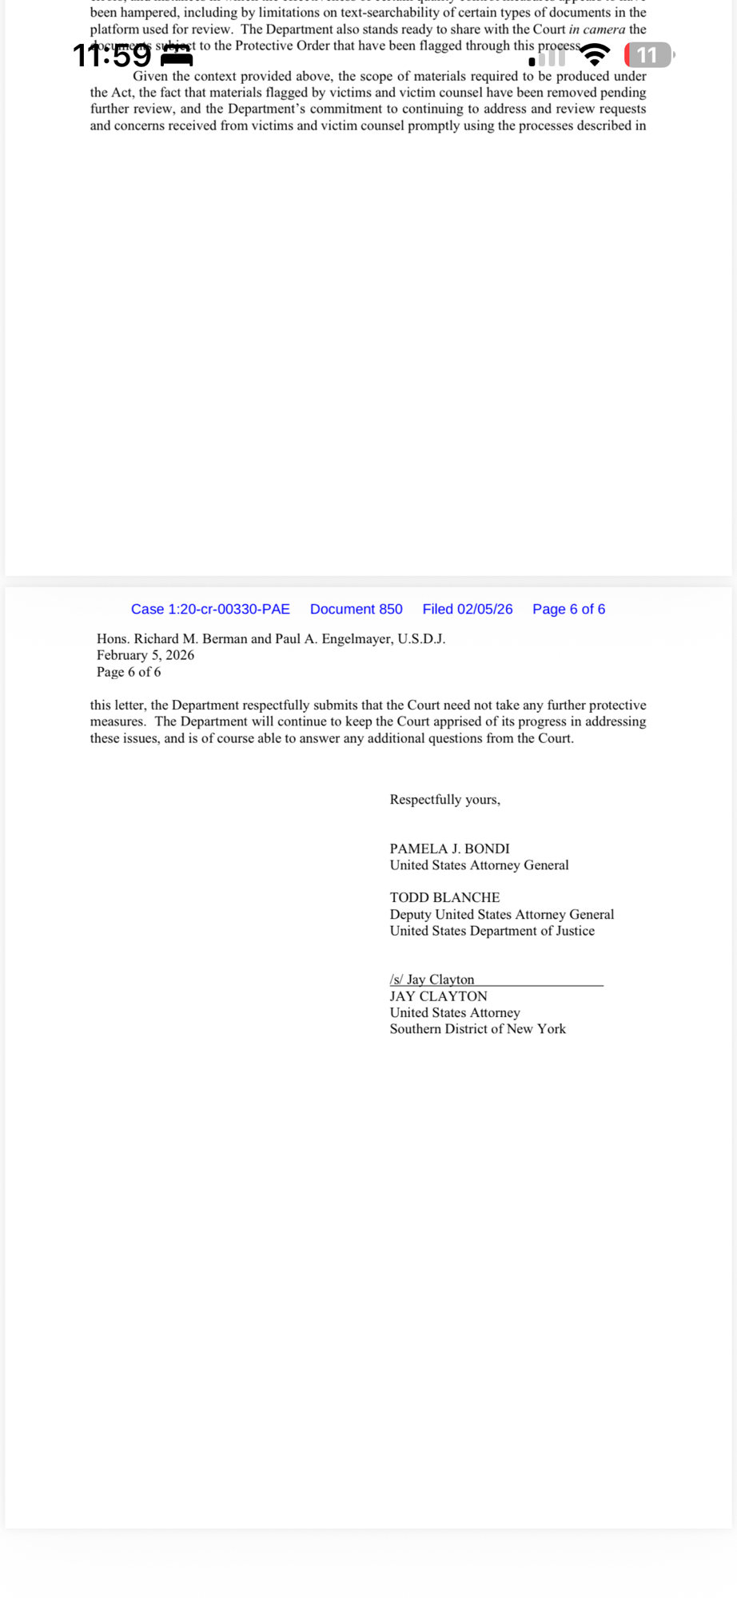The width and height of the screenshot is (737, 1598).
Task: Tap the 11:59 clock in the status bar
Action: coord(112,55)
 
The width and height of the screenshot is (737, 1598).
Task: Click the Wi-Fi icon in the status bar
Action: coord(594,55)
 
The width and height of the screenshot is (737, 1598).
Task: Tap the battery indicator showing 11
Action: coord(648,55)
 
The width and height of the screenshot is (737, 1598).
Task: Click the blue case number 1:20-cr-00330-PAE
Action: coord(210,610)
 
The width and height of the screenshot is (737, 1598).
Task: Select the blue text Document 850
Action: coord(357,610)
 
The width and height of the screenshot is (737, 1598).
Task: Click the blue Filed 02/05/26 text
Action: coord(468,610)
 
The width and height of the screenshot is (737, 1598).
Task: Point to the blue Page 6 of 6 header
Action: coord(568,610)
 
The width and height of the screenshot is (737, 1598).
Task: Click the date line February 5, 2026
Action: coord(145,655)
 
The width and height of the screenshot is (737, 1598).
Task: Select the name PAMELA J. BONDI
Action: coord(449,849)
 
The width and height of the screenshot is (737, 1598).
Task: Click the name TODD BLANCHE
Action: coord(444,897)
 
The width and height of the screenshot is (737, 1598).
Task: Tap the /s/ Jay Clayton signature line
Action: coord(432,980)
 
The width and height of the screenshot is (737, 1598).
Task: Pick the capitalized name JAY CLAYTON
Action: coord(438,996)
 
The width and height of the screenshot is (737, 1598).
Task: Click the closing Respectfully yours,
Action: coord(444,800)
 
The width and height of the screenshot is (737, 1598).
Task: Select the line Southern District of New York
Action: coord(477,1029)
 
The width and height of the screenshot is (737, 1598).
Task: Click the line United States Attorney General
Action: coord(479,865)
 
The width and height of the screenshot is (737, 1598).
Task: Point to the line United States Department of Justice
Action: coord(492,931)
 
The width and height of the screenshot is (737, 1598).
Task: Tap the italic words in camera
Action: coord(597,30)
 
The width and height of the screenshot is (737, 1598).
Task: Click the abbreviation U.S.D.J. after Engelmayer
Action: coord(421,639)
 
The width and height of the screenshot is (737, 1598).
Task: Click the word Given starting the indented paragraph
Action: coord(149,77)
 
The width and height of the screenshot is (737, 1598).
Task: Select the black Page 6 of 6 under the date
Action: coord(129,672)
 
